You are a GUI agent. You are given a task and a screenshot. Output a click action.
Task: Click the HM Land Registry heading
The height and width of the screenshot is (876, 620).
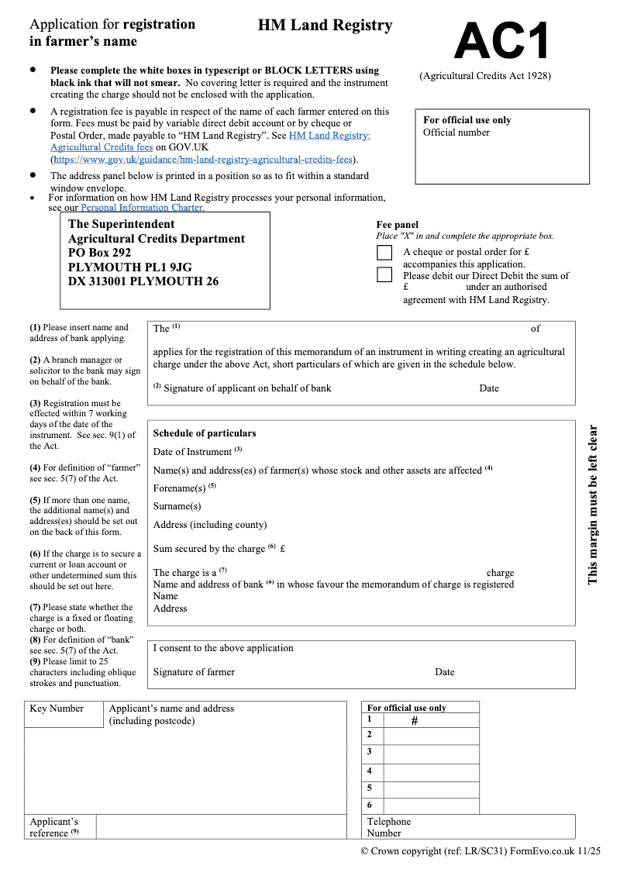(325, 26)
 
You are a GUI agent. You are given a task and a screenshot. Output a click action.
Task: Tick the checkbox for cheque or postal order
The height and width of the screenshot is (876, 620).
(384, 253)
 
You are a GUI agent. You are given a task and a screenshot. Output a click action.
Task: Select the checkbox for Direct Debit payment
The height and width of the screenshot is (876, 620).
(384, 274)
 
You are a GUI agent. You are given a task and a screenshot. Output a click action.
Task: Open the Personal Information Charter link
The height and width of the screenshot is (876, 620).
(143, 208)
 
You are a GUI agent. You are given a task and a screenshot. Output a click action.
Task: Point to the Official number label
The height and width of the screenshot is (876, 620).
(456, 133)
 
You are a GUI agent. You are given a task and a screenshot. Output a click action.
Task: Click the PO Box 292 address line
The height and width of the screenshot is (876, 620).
(100, 253)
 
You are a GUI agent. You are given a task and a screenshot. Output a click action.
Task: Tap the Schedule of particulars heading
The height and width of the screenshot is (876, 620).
(204, 433)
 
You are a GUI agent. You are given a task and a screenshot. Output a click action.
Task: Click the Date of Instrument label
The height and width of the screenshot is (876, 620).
(192, 452)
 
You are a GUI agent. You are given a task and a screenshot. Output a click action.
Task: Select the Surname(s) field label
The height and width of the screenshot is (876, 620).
(177, 506)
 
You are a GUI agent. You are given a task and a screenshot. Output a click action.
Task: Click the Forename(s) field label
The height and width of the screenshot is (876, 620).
(180, 488)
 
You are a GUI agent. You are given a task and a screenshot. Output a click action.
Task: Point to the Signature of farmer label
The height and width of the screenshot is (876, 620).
(194, 672)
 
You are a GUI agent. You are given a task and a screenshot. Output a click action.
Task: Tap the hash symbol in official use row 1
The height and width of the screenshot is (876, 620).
(414, 721)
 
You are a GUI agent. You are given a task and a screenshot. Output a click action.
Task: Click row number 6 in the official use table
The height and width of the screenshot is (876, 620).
(370, 805)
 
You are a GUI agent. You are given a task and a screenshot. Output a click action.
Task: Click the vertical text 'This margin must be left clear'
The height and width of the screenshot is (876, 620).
(593, 504)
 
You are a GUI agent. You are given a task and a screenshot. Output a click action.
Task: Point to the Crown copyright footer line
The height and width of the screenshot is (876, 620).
(480, 850)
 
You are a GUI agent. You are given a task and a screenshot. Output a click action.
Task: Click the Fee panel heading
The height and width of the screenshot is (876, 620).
(397, 225)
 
